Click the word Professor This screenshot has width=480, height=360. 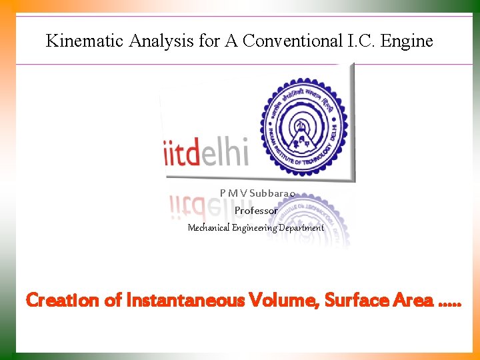(256, 210)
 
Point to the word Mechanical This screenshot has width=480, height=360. (208, 227)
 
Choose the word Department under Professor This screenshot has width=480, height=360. (301, 227)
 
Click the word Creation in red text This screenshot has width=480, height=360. (63, 301)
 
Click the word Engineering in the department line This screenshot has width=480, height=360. (254, 227)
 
